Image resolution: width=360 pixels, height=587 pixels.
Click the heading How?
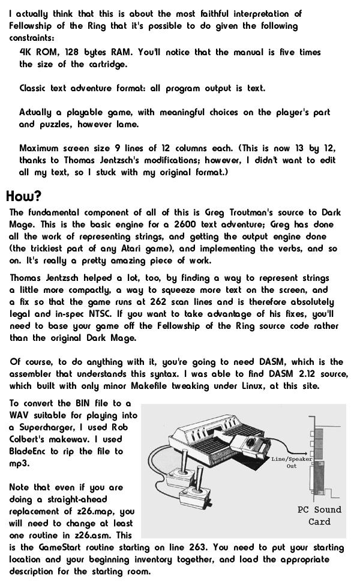pos(23,197)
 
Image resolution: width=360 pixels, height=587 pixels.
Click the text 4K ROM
pos(35,52)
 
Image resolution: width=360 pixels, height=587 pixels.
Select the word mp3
pos(17,463)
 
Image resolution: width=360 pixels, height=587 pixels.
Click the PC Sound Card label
pos(319,516)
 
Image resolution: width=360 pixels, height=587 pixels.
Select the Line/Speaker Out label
pos(291,462)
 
